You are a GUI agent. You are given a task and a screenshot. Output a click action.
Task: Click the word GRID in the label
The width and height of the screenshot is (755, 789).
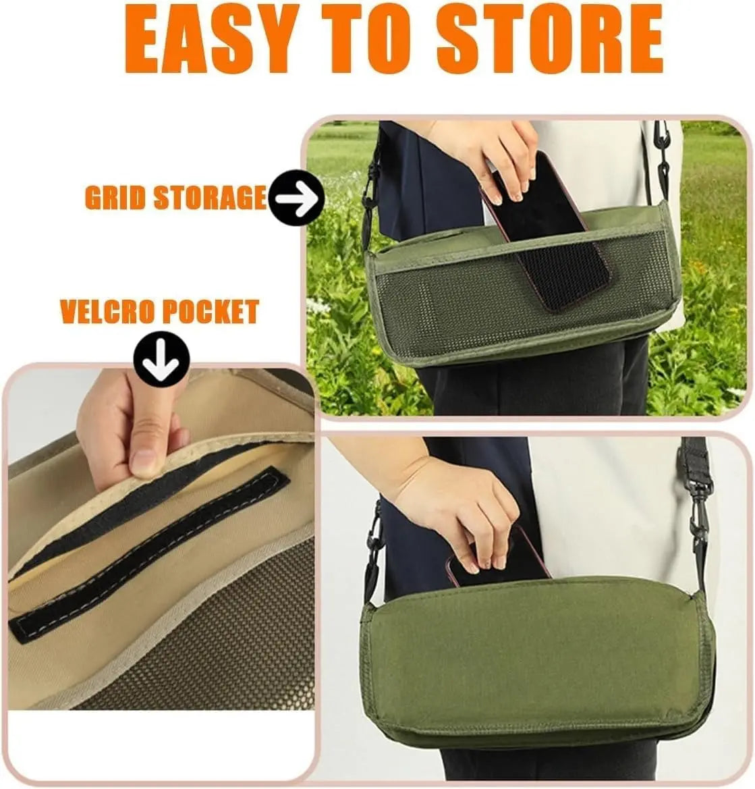pyautogui.click(x=115, y=198)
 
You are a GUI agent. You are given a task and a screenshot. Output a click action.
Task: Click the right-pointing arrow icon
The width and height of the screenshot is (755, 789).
pyautogui.click(x=296, y=198)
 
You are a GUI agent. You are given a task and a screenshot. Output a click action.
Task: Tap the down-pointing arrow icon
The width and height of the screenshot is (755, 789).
pyautogui.click(x=161, y=358)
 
